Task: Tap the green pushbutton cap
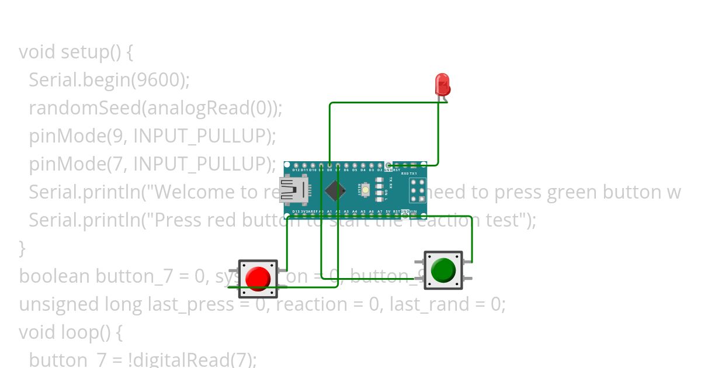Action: click(443, 269)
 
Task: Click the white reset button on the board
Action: click(366, 189)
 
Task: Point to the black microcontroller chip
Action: click(335, 190)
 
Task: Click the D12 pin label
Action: click(296, 170)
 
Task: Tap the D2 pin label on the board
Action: click(380, 170)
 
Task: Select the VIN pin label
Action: click(413, 211)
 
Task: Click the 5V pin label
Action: click(388, 211)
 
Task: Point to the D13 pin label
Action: click(296, 211)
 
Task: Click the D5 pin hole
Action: click(355, 165)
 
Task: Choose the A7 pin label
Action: click(380, 211)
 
